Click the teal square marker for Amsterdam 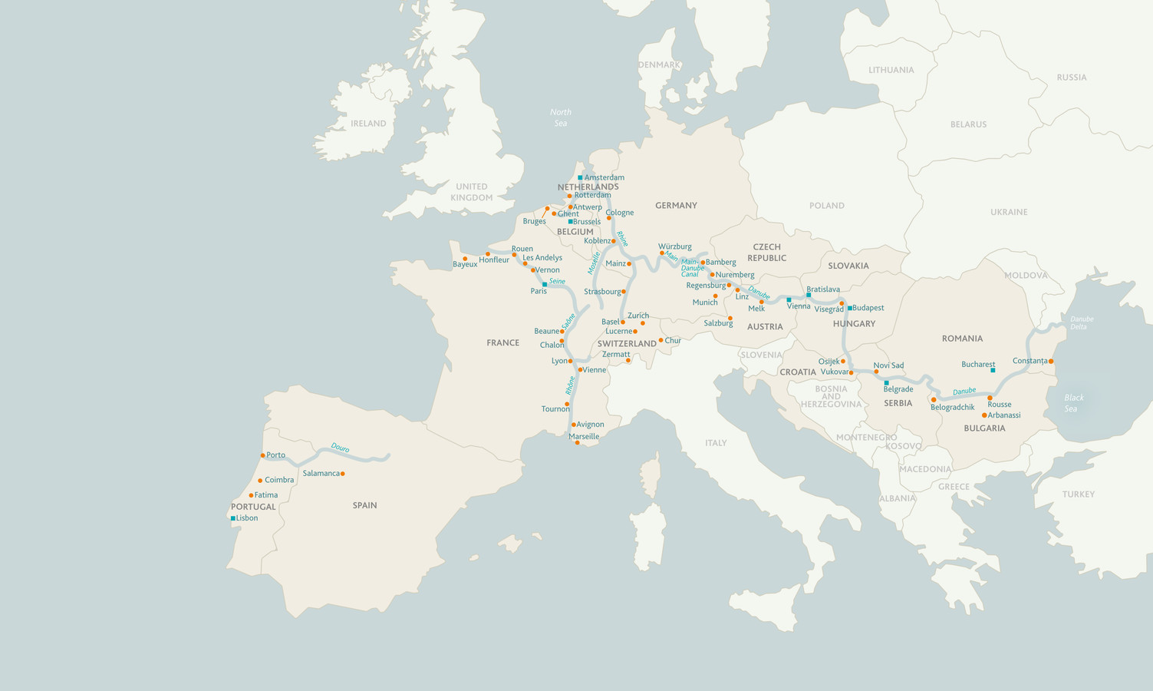pyautogui.click(x=581, y=177)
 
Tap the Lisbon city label pyautogui.click(x=247, y=518)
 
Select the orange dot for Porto pyautogui.click(x=262, y=455)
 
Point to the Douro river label pyautogui.click(x=340, y=447)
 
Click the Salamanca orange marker pyautogui.click(x=342, y=474)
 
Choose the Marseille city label pyautogui.click(x=584, y=436)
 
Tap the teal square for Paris pyautogui.click(x=545, y=284)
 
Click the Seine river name pyautogui.click(x=557, y=281)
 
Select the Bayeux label pyautogui.click(x=465, y=265)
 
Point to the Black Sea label pyautogui.click(x=1073, y=403)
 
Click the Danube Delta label pyautogui.click(x=1082, y=322)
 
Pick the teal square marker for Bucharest pyautogui.click(x=993, y=370)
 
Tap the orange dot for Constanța pyautogui.click(x=1051, y=361)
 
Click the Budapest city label pyautogui.click(x=868, y=308)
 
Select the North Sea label pyautogui.click(x=561, y=117)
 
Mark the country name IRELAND pyautogui.click(x=368, y=124)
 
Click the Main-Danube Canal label pyautogui.click(x=692, y=268)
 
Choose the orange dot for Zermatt pyautogui.click(x=628, y=360)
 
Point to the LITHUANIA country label pyautogui.click(x=891, y=70)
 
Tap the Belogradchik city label pyautogui.click(x=952, y=408)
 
